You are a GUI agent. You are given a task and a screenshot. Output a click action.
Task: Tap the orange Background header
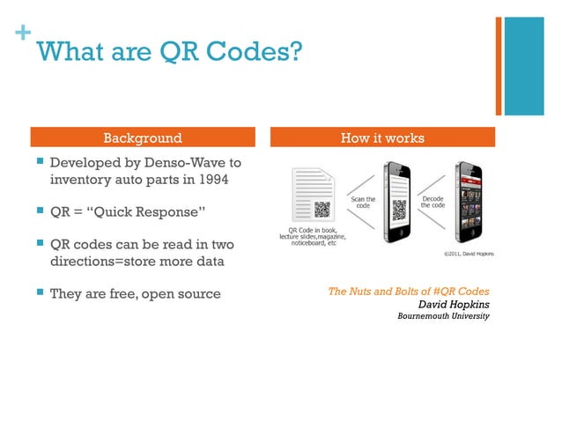pyautogui.click(x=143, y=137)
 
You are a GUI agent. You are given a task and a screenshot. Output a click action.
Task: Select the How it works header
pyautogui.click(x=382, y=137)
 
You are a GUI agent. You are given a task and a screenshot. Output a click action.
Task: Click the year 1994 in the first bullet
pyautogui.click(x=211, y=181)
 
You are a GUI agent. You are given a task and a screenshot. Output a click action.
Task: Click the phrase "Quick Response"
pyautogui.click(x=152, y=213)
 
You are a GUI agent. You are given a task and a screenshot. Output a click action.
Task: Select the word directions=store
pyautogui.click(x=105, y=262)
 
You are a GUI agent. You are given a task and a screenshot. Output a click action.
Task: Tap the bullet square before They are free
pyautogui.click(x=39, y=292)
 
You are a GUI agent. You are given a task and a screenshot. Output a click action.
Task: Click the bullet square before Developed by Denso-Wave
pyautogui.click(x=39, y=163)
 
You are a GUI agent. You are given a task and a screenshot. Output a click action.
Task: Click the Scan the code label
pyautogui.click(x=363, y=203)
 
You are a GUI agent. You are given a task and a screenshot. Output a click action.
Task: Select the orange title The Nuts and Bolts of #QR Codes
pyautogui.click(x=408, y=291)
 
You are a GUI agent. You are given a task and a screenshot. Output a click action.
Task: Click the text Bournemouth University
pyautogui.click(x=443, y=316)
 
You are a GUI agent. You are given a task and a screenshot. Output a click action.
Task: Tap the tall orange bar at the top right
pyautogui.click(x=499, y=66)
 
